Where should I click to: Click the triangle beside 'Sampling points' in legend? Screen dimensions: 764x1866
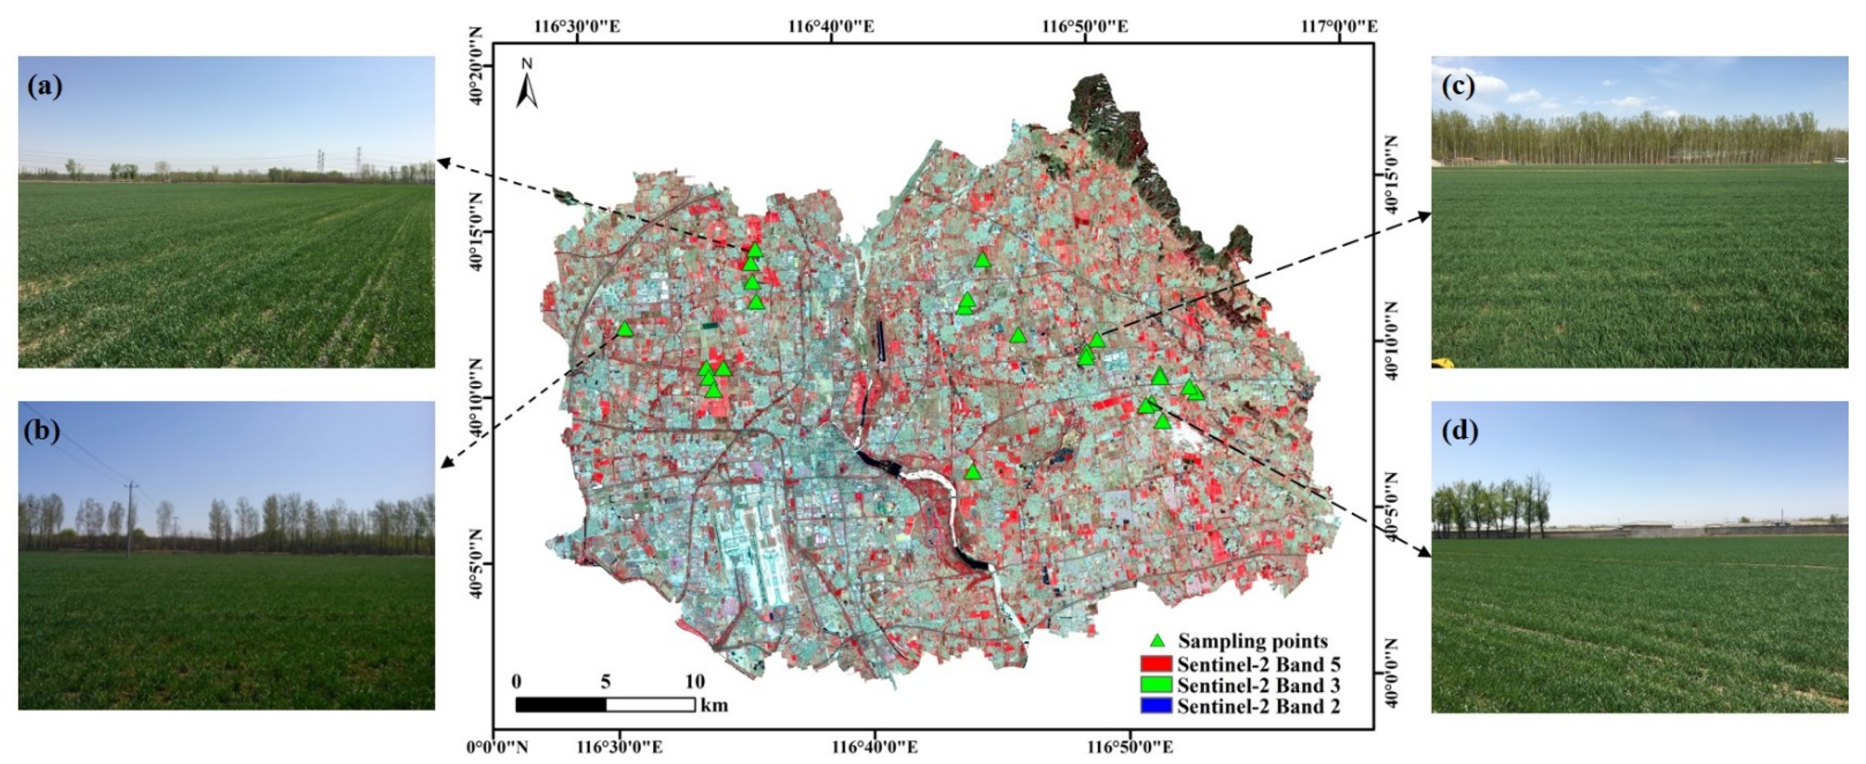[1158, 641]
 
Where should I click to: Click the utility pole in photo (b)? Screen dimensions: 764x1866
[131, 518]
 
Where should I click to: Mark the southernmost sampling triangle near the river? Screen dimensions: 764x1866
[973, 471]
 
